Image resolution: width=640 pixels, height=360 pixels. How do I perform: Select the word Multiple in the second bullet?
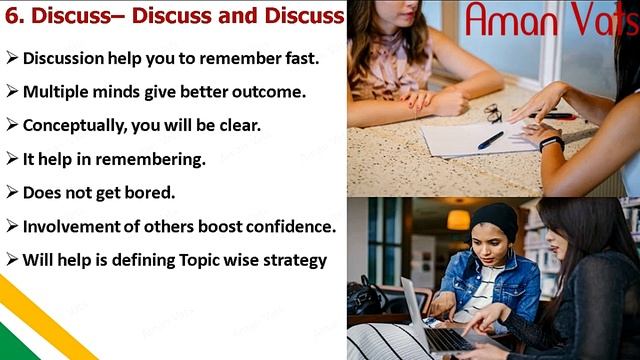pyautogui.click(x=57, y=92)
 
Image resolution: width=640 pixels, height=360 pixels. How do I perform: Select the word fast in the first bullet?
pyautogui.click(x=302, y=58)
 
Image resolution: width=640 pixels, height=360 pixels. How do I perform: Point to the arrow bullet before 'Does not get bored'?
pyautogui.click(x=11, y=192)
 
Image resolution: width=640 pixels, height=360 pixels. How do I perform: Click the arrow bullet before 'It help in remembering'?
pyautogui.click(x=11, y=158)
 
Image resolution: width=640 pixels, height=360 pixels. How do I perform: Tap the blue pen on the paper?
pyautogui.click(x=490, y=140)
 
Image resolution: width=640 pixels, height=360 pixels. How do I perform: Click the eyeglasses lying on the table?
pyautogui.click(x=494, y=112)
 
